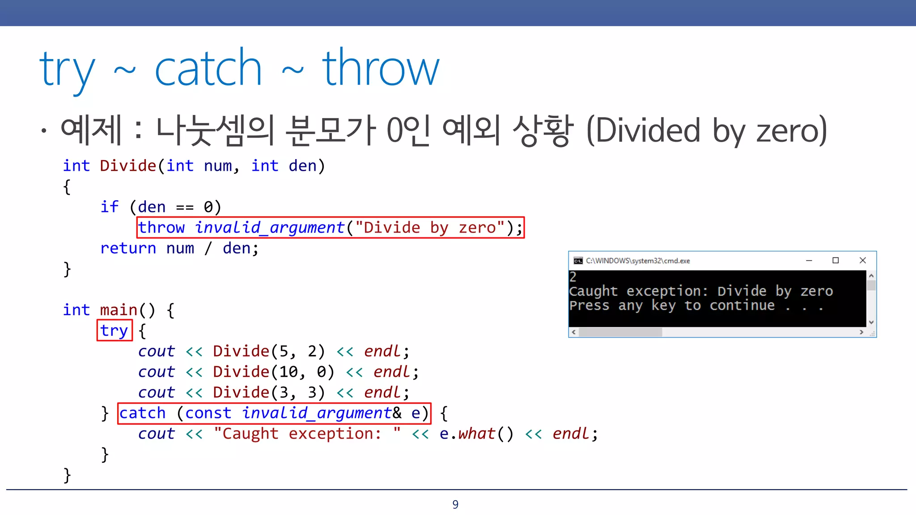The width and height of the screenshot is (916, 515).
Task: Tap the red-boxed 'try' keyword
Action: point(114,331)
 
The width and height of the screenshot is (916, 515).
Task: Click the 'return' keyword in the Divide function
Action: point(128,248)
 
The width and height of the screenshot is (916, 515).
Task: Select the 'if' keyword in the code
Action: point(109,207)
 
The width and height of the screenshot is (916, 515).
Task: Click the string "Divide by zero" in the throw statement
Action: point(430,228)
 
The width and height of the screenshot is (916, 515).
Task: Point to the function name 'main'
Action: point(119,310)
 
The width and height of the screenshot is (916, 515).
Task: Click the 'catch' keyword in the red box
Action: point(143,413)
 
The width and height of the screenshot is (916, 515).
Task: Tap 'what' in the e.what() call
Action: point(477,434)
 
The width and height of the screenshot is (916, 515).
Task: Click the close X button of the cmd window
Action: point(863,260)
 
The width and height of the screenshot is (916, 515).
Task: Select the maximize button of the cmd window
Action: point(835,260)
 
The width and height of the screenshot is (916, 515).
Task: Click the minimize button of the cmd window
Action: point(809,260)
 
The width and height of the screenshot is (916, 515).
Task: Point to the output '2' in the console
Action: point(573,277)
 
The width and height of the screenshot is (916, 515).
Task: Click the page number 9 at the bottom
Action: point(455,504)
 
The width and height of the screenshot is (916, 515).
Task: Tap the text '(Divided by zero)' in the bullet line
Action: point(706,130)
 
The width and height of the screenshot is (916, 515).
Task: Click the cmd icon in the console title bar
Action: point(578,261)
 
